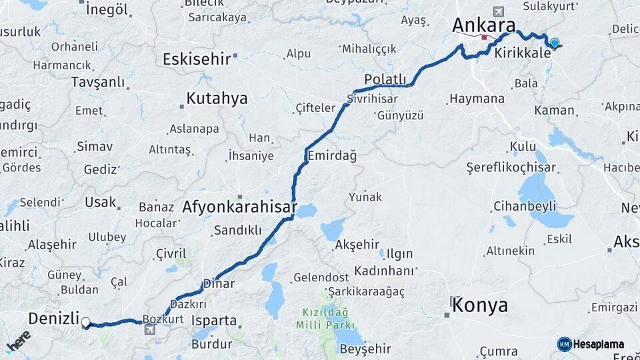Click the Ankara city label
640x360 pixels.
point(483,25)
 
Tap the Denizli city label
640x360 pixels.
point(54,318)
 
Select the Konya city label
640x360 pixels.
point(480,305)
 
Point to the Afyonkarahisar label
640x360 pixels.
point(239,207)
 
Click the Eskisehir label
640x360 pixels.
point(197,59)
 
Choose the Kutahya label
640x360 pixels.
point(217,99)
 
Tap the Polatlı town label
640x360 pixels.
point(385,79)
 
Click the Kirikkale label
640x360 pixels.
point(523,52)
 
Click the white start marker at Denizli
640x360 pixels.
point(85,323)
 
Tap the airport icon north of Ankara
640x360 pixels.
point(498,11)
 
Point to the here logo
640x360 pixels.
point(19,341)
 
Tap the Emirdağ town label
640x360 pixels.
point(332,155)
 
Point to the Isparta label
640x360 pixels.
point(214,320)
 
